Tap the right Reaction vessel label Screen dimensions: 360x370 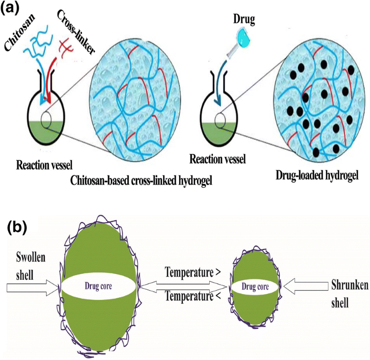pyautogui.click(x=217, y=159)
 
